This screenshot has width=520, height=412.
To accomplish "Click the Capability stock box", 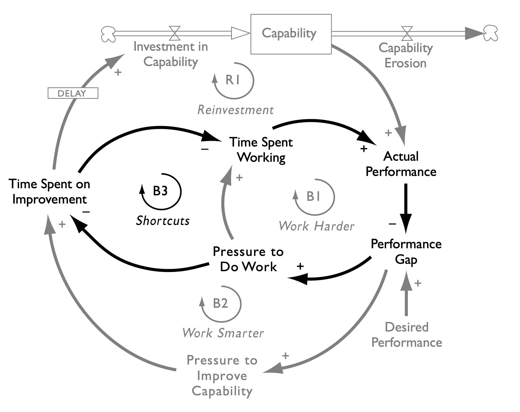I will point(291,34).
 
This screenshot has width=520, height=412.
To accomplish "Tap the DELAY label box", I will point(73,93).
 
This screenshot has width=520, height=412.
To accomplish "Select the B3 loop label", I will point(160,191).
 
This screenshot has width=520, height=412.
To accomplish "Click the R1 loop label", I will point(233,80).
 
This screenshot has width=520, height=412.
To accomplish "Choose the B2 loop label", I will point(220,303).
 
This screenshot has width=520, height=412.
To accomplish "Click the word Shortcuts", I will point(163,220).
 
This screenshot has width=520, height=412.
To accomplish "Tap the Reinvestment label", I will point(235,110).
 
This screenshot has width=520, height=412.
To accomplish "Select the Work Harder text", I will point(316,226).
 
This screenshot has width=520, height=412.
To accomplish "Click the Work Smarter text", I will point(223,333).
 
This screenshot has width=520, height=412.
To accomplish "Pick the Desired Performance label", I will point(407,335).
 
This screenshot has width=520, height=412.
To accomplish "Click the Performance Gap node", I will point(406,251).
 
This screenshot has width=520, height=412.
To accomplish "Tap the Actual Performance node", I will point(401,164).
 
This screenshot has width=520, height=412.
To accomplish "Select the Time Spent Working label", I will point(261,150).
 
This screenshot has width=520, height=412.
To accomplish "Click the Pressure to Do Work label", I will point(248,259).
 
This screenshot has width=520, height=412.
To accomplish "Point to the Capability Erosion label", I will point(405,55).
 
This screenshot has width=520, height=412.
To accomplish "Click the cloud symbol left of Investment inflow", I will point(108,34).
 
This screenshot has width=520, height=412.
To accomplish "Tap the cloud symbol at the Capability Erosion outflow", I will point(491,33).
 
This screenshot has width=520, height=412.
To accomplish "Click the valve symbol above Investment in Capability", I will point(175,33).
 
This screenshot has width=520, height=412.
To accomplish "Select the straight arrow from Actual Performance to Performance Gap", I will point(406,207).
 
